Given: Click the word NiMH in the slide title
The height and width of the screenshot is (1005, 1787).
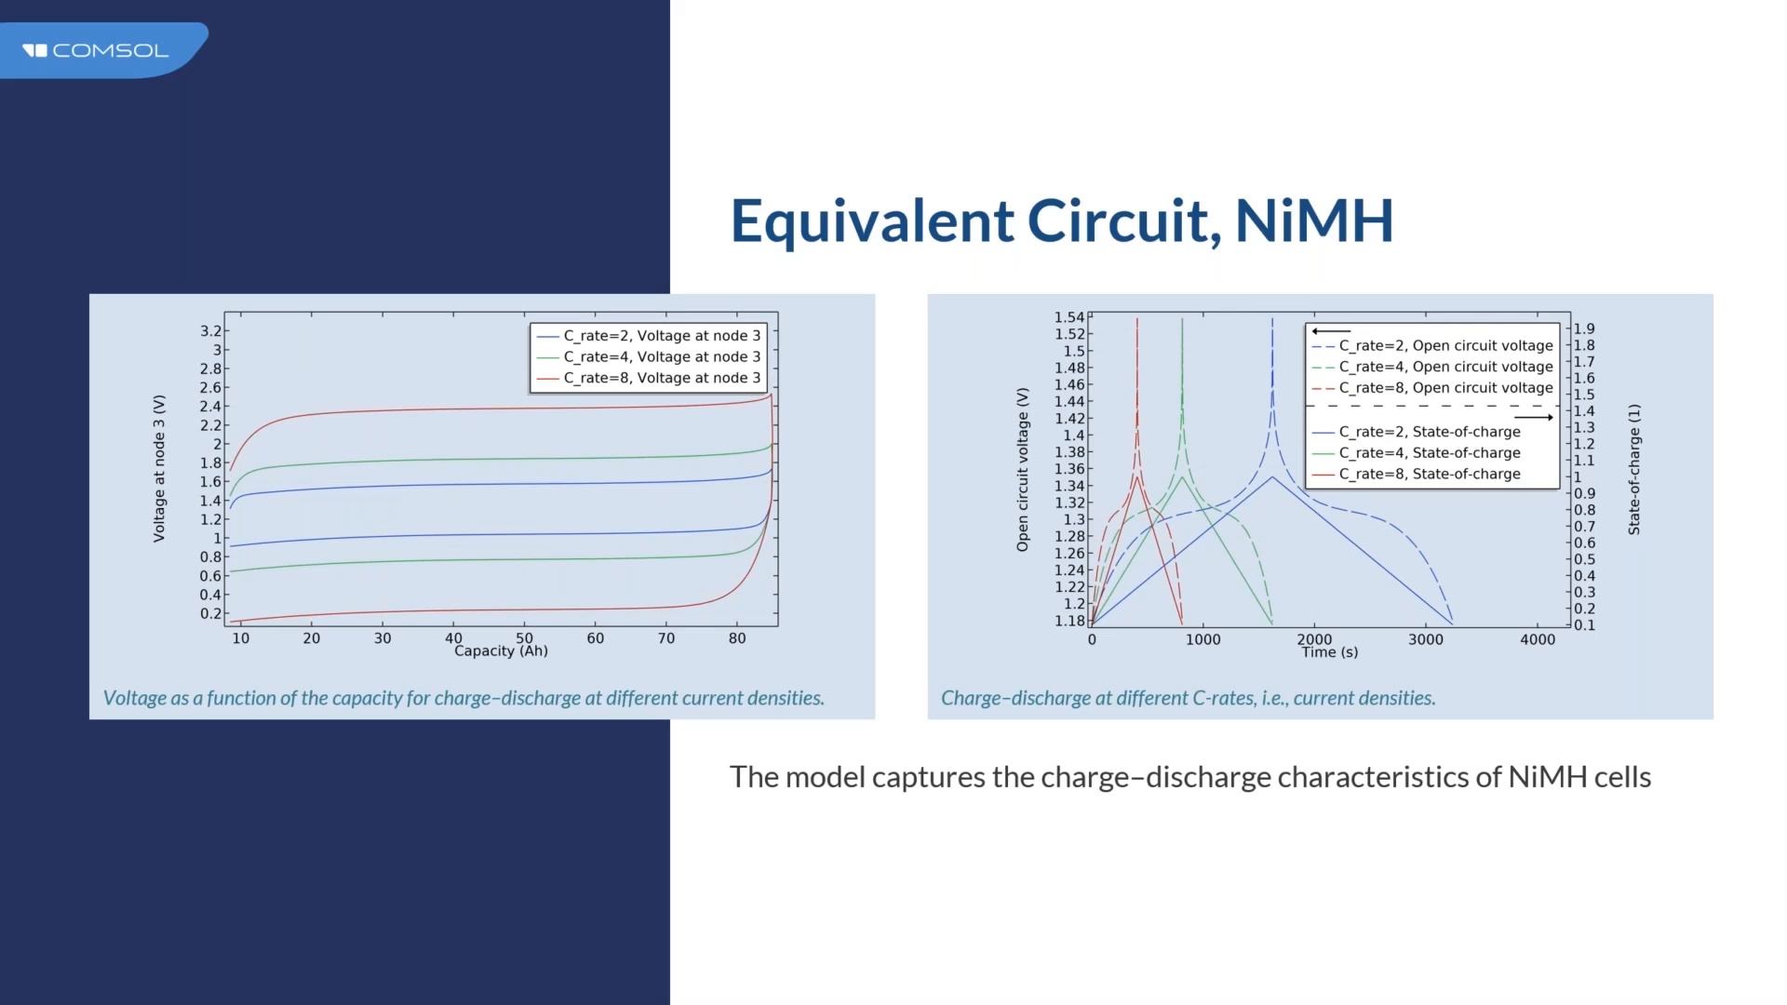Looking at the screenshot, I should [1313, 221].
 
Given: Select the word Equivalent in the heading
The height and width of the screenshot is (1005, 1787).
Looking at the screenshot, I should [872, 221].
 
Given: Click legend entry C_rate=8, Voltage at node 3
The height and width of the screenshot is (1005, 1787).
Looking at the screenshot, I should [661, 378].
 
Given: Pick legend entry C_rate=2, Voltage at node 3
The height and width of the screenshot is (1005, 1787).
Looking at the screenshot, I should [661, 336].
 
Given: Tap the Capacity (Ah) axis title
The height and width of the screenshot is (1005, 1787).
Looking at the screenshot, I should [501, 651].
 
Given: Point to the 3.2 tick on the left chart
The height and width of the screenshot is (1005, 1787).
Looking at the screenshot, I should [210, 331].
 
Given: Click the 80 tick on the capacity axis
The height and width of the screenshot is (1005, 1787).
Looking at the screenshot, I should [737, 638].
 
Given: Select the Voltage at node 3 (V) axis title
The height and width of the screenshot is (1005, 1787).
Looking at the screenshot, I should [159, 468].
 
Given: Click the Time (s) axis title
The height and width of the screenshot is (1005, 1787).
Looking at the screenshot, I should [1330, 652].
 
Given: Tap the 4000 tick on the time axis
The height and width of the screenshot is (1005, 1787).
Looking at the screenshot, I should [1538, 639].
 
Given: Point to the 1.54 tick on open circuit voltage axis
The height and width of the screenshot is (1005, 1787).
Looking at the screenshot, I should [1069, 317].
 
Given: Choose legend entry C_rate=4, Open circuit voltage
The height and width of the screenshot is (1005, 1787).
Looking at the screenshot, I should [1444, 367].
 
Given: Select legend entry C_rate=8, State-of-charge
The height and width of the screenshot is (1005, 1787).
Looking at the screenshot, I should [1429, 474].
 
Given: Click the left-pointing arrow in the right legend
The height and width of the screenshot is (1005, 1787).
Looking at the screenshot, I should [1331, 331].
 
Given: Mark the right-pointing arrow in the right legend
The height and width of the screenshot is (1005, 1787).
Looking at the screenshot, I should [1533, 418].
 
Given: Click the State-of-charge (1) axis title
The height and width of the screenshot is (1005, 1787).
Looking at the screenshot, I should [1634, 469].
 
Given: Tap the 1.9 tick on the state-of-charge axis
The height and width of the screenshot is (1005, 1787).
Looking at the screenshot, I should [1584, 328].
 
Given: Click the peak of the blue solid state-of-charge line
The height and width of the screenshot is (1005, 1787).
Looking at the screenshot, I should [1272, 476].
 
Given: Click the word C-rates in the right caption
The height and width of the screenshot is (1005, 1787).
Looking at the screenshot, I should [1223, 698].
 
